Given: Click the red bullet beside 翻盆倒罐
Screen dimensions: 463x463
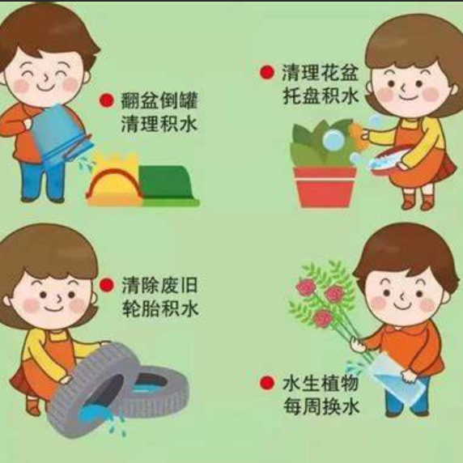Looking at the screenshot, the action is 107,100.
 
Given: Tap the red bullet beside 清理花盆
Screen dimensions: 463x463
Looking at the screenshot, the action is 267,72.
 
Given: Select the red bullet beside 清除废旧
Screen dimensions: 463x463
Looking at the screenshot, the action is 107,285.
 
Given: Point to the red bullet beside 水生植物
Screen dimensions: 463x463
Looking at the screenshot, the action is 267,383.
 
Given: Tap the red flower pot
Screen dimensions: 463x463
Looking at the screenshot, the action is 325,187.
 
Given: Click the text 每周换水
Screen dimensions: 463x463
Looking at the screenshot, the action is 321,406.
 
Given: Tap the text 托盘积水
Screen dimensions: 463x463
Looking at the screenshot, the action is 321,96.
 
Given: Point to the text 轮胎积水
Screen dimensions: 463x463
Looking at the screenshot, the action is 160,308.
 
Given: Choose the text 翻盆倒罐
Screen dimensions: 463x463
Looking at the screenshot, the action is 159,100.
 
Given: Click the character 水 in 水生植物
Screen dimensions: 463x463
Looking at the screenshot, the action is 291,383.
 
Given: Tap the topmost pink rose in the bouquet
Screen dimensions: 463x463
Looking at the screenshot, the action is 306,287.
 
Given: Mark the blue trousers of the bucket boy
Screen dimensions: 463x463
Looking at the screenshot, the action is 43,181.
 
